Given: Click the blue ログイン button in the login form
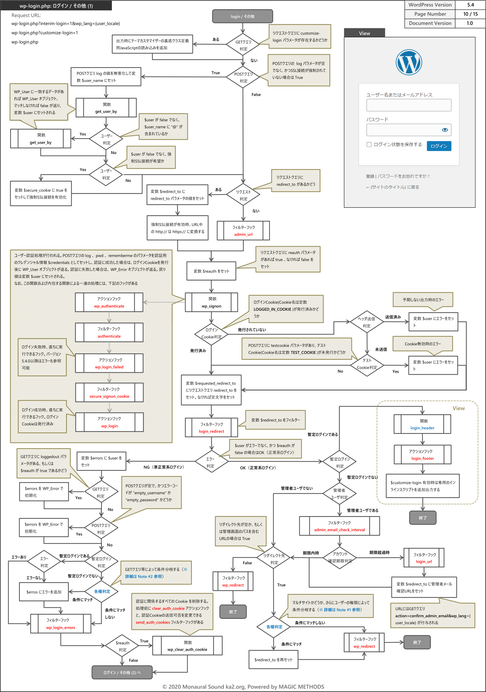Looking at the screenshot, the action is click(439, 146).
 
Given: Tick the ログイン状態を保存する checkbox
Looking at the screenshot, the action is click(369, 144).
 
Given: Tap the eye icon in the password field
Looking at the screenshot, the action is click(445, 130).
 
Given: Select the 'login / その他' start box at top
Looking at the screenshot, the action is click(243, 16).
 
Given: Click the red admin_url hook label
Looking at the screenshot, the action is click(243, 235).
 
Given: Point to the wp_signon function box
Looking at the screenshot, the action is click(211, 302).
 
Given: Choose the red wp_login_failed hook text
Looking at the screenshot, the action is click(109, 367).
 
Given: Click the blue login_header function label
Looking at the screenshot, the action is click(422, 428).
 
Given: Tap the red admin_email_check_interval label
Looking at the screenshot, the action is click(339, 530).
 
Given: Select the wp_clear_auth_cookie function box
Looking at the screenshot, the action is click(187, 646).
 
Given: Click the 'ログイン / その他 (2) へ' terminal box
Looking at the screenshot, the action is click(122, 672).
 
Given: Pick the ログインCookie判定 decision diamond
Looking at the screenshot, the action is click(211, 333).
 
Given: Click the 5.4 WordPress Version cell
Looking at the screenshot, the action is click(470, 5).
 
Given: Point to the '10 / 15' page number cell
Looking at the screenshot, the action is click(470, 14).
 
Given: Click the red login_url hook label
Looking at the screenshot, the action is click(424, 562).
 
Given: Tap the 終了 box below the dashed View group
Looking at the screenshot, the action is click(423, 518).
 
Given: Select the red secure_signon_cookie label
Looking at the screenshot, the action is click(109, 396).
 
